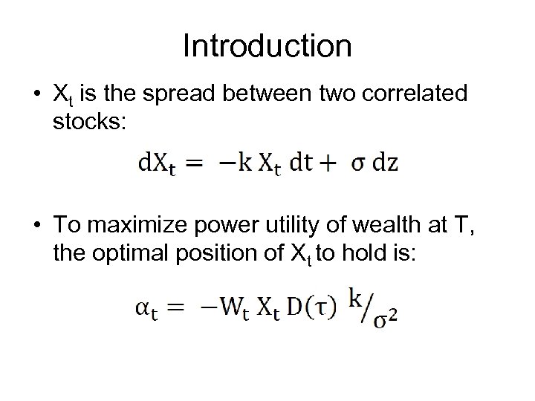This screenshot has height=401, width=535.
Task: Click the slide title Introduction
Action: [267, 46]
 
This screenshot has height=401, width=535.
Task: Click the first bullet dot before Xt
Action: [36, 95]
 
